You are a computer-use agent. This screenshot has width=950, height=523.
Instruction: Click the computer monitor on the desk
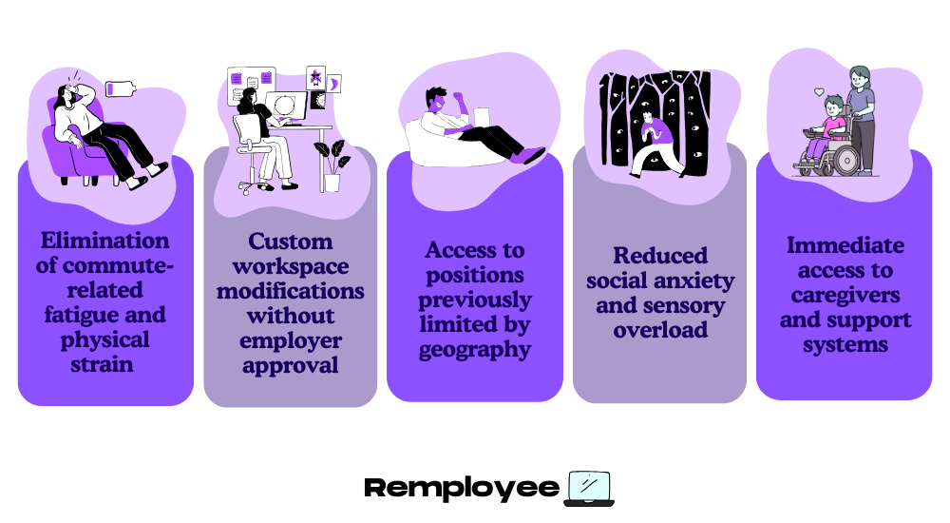coord(285,107)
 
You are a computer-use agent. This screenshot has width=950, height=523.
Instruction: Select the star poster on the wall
coord(315,76)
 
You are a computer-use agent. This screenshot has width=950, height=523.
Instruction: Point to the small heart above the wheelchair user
coord(818,92)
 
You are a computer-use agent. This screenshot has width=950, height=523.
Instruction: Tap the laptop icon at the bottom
coord(588,487)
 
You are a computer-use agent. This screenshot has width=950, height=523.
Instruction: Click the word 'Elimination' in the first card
coord(105,241)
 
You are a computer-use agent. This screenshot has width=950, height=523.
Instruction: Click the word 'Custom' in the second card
coord(290,242)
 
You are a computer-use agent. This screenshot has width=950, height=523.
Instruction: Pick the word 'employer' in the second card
coord(290,340)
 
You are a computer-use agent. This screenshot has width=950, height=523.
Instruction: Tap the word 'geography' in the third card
coord(475,349)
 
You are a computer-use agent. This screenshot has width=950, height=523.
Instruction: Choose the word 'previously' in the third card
coord(475,300)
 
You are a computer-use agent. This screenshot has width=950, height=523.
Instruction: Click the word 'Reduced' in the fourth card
coord(660,256)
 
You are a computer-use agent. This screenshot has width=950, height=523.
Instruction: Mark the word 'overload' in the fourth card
coord(660,330)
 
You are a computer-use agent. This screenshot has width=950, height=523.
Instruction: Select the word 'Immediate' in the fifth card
coord(845,245)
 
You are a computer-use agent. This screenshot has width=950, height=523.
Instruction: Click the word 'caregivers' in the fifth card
coord(845,295)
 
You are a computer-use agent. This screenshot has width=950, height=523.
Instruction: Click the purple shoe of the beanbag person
coord(528,154)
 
